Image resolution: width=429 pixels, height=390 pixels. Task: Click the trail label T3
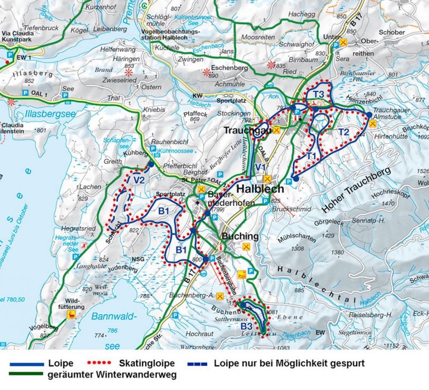pos(319,94)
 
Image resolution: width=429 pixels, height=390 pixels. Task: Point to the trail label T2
pos(344,132)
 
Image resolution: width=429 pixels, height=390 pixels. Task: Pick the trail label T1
pos(311,156)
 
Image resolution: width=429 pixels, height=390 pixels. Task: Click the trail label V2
pos(139,180)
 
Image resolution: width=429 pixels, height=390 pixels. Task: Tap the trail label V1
pos(259,167)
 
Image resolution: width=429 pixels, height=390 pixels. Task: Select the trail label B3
pos(246,327)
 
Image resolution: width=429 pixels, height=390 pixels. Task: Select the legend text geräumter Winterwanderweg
pos(112,375)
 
